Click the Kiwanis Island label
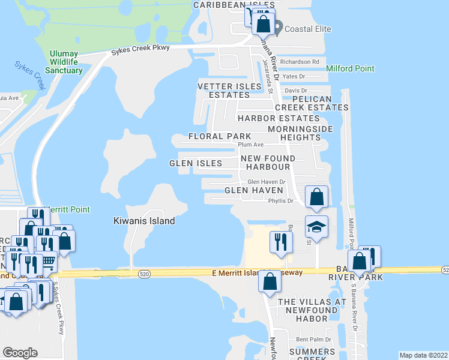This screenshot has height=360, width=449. (x=144, y=221)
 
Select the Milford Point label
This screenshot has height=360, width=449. (x=351, y=69)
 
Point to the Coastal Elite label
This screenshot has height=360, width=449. (x=308, y=28)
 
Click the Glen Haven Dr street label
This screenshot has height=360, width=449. (x=266, y=182)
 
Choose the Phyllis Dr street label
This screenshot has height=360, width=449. (x=280, y=202)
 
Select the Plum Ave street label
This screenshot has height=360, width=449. (x=251, y=145)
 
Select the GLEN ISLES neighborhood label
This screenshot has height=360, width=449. (x=196, y=163)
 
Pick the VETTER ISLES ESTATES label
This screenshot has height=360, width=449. (x=230, y=91)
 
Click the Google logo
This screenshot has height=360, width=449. (x=20, y=353)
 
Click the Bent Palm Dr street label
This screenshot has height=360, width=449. (x=313, y=340)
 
